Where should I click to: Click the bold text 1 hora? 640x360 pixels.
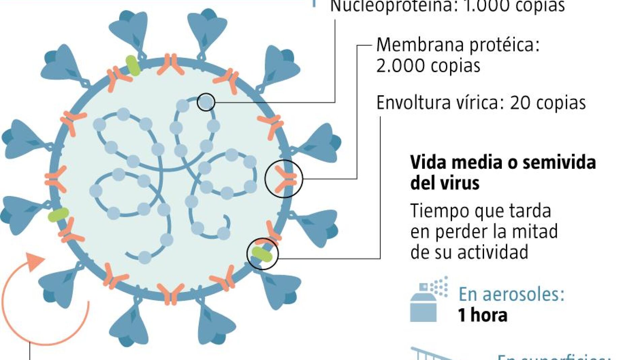coord(482,315)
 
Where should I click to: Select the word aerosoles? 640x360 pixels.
coord(523,294)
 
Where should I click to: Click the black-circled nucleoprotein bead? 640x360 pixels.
coord(206,102)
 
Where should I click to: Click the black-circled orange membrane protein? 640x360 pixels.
coord(284,178)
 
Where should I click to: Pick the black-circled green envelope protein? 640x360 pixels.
coord(262,254)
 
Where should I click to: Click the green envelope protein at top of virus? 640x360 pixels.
coord(133,66)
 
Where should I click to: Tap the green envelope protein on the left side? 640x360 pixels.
coord(59,215)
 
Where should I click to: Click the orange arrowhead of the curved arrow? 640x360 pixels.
coord(36,261)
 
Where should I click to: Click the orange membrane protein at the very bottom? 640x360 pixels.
coord(171,294)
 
